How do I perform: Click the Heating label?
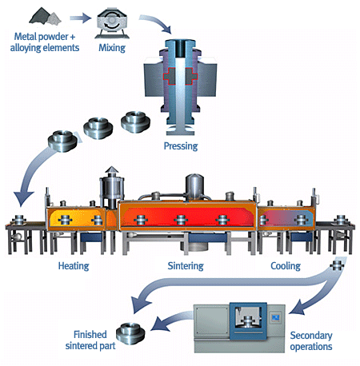73,265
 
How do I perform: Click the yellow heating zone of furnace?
75,218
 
